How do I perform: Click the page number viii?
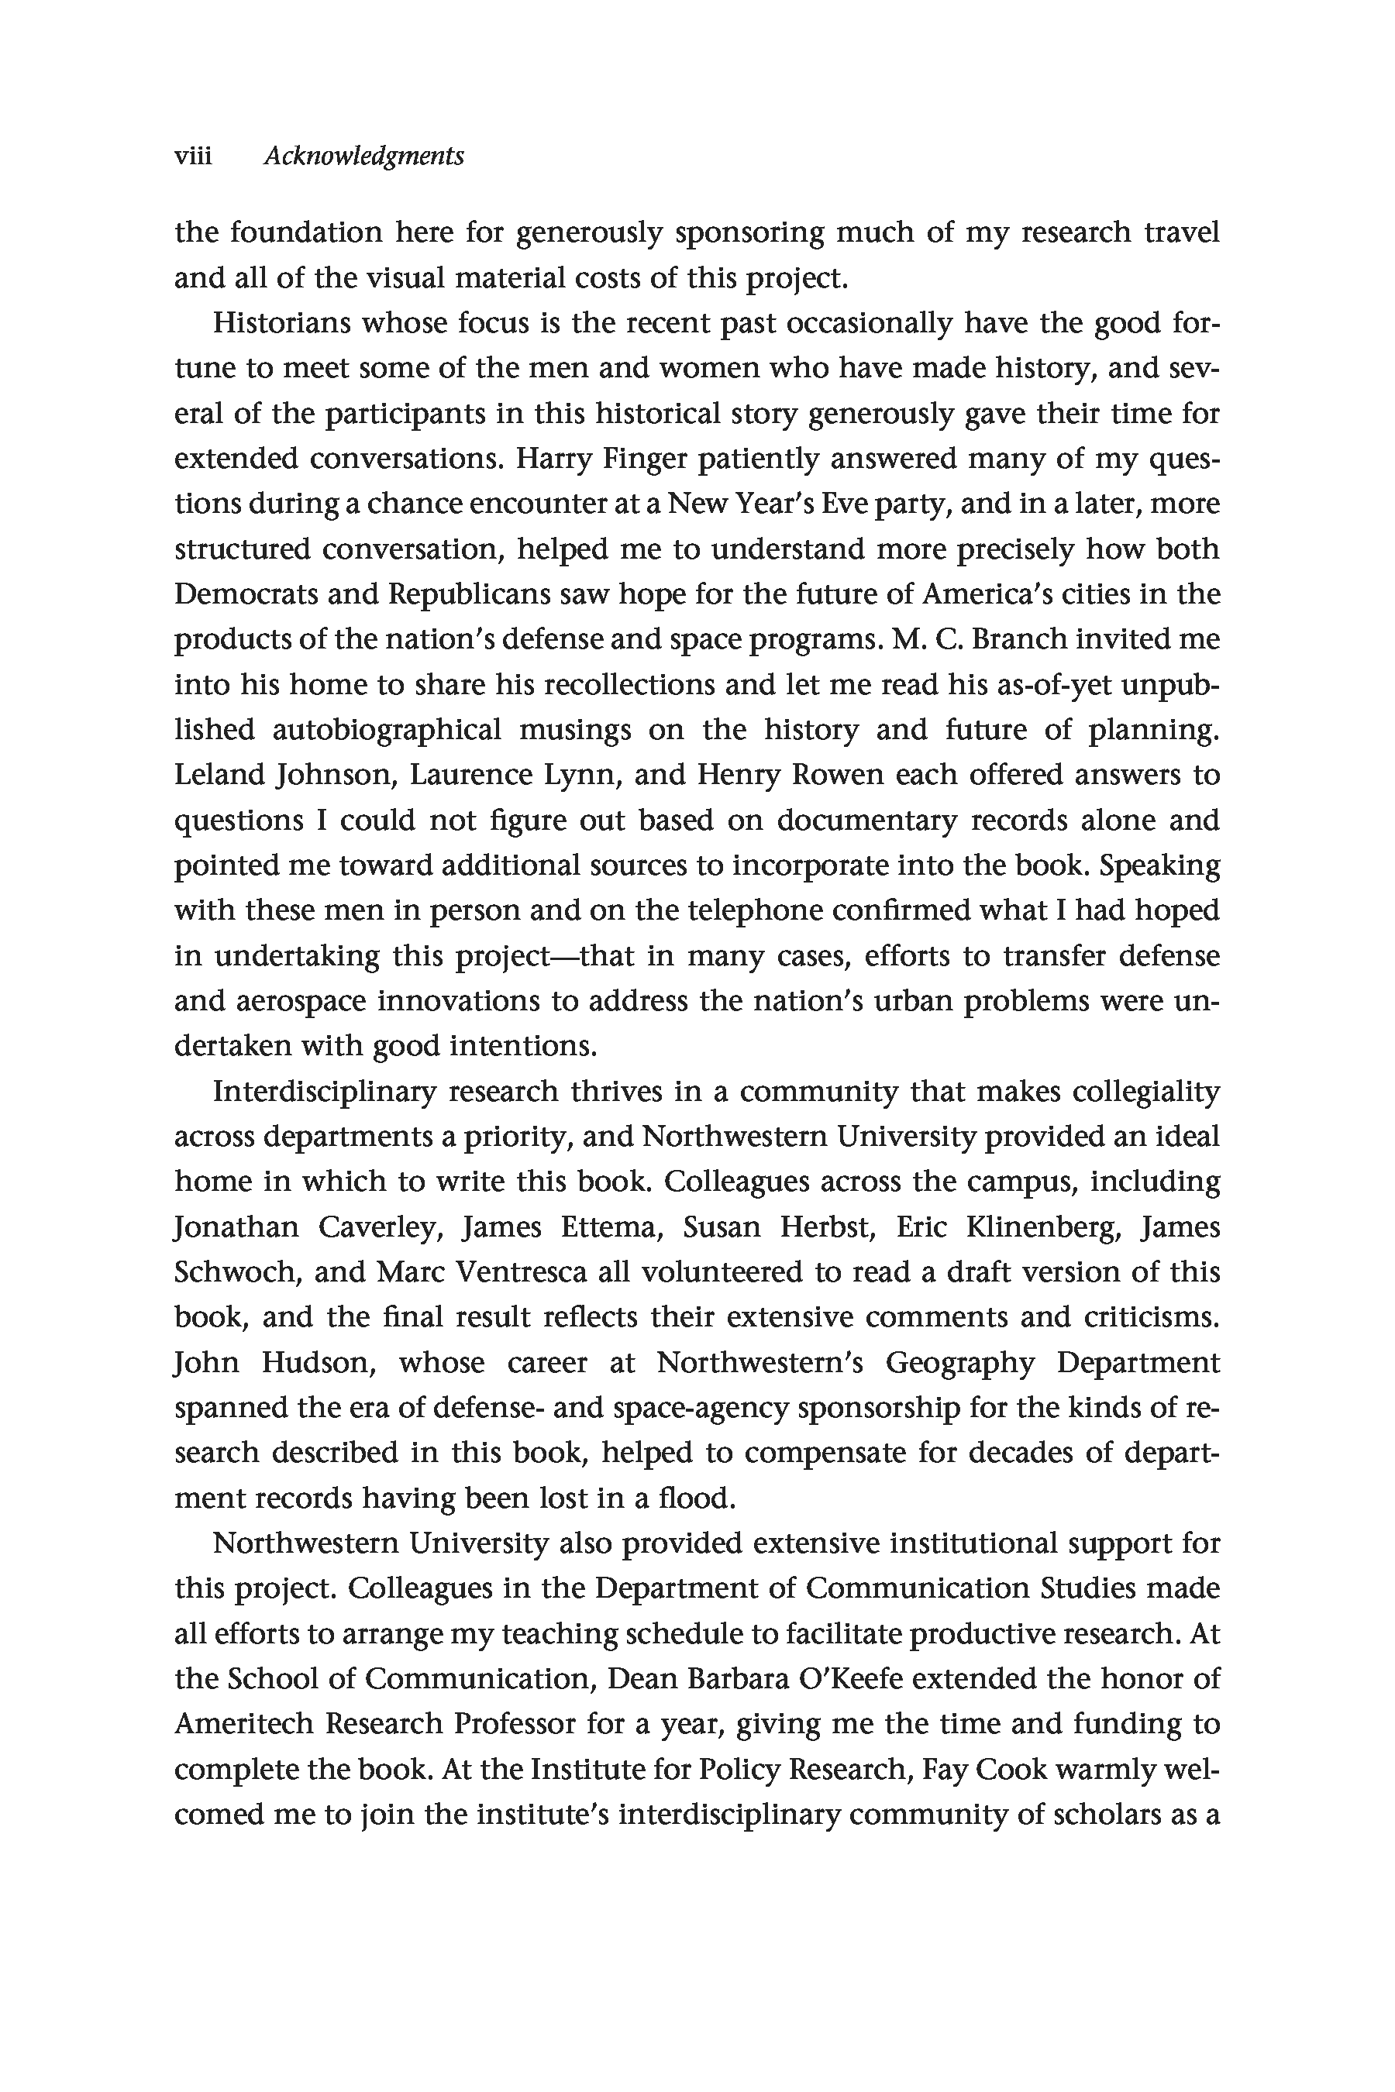coord(193,157)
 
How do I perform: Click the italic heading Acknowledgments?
coord(364,157)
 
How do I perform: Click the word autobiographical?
coord(386,730)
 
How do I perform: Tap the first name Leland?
coord(219,776)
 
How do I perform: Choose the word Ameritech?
coord(243,1725)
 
